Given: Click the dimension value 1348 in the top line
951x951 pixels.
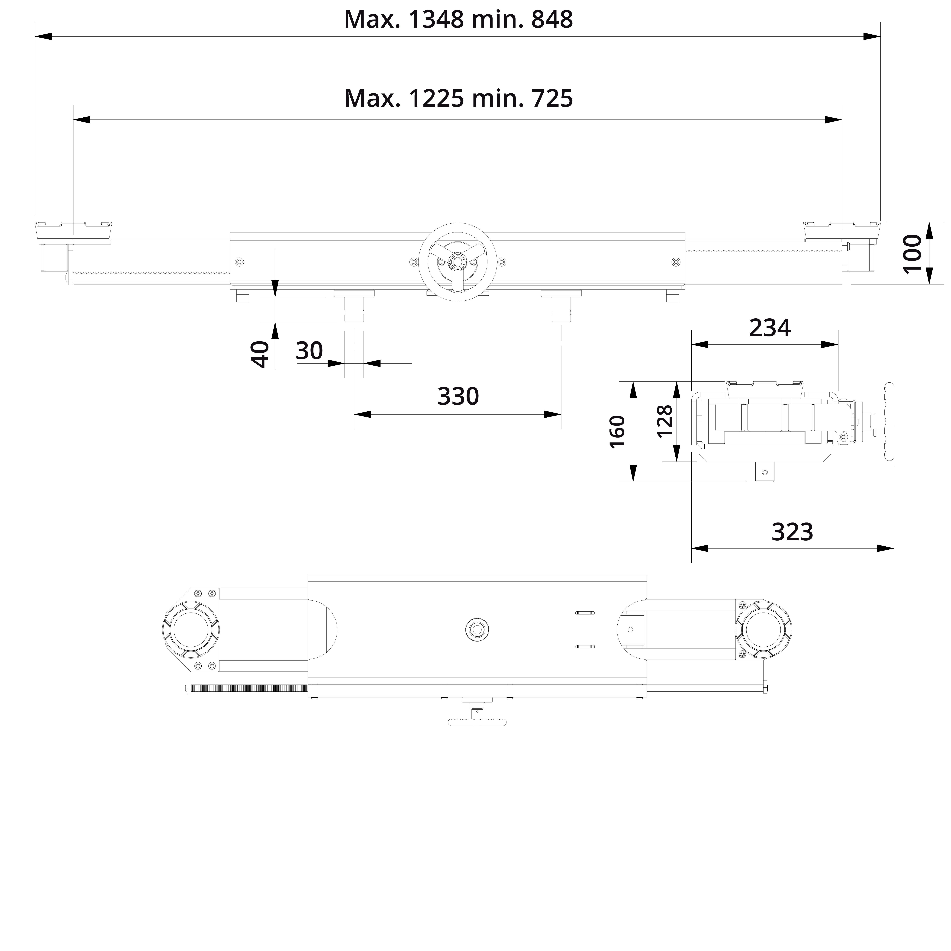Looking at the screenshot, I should click(436, 20).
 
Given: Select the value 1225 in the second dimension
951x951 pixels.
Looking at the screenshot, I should click(436, 98).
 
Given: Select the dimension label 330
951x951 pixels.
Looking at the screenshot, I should click(458, 396).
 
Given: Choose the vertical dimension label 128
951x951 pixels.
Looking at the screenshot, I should click(664, 421).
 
